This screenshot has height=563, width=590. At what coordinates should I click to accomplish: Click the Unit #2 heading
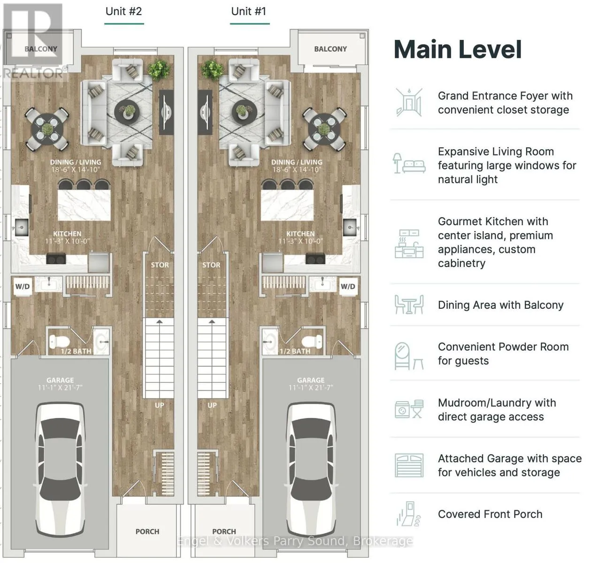(x=123, y=12)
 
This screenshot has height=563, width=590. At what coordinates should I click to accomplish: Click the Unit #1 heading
(x=249, y=12)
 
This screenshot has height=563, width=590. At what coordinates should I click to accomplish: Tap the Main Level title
(x=458, y=50)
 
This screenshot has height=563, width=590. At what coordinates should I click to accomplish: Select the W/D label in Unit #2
(x=23, y=286)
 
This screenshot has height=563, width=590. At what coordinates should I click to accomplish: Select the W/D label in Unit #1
(x=348, y=286)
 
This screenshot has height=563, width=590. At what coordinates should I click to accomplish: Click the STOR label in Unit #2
(x=160, y=265)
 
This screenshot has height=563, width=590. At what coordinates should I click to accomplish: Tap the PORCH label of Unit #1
(x=224, y=532)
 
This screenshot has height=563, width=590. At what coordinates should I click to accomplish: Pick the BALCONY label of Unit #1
(x=330, y=49)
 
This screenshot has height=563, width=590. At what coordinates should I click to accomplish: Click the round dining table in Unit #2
(x=47, y=129)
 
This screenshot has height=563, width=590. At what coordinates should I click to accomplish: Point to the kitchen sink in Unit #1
(x=351, y=227)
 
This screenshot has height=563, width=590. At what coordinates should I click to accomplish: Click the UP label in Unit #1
(x=212, y=405)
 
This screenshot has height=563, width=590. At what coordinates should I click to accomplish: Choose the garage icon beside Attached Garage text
(x=409, y=465)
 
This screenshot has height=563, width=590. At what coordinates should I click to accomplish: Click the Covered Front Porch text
(x=490, y=514)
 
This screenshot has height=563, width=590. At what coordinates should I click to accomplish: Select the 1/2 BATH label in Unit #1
(x=295, y=351)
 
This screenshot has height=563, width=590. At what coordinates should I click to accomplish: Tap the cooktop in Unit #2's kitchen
(x=56, y=259)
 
